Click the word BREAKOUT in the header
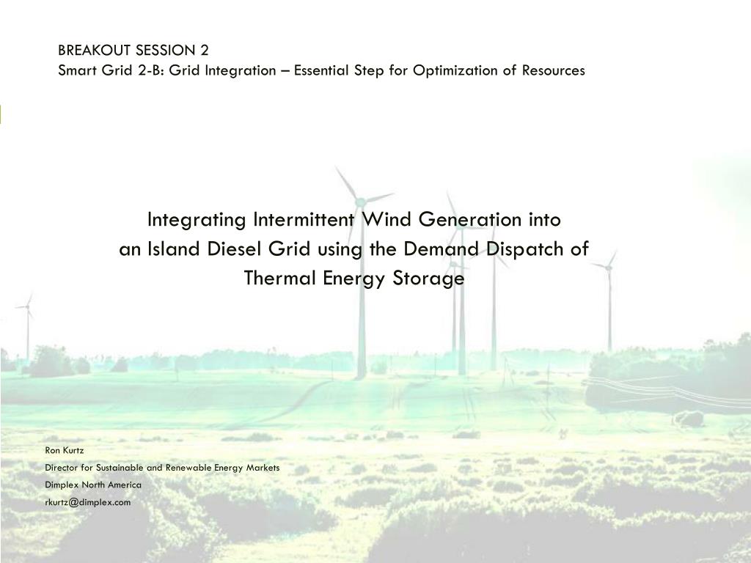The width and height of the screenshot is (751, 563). coord(95,51)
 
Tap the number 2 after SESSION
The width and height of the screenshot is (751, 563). coord(205,51)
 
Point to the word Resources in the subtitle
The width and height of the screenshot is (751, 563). coord(553,70)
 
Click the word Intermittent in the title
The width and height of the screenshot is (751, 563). coord(304,220)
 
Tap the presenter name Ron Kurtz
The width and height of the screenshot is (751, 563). coord(65,451)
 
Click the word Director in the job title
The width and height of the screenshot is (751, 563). coord(62,468)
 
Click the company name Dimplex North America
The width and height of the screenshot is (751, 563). coord(93,485)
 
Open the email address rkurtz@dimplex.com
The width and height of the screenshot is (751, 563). coord(88,502)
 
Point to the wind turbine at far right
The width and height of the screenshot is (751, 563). coord(609,297)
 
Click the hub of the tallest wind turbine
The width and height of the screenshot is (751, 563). coord(360,202)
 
